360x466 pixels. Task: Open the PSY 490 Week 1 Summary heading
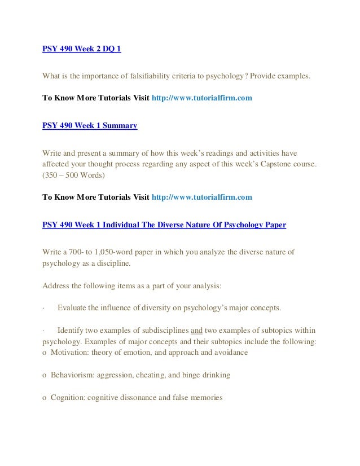coord(90,125)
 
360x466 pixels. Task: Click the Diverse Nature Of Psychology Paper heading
coord(164,224)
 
